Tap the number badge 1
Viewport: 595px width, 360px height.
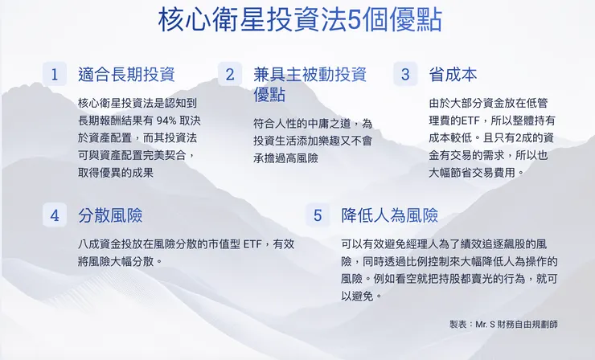click(54, 75)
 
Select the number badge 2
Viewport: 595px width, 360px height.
click(229, 75)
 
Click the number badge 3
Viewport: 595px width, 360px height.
click(404, 75)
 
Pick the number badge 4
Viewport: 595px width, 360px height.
click(54, 215)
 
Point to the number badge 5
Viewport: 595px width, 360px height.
click(317, 215)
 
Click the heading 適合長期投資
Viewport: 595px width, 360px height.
click(126, 75)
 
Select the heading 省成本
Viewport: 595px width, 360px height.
click(453, 75)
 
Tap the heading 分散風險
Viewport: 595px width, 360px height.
click(110, 215)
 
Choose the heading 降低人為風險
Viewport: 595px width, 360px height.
click(389, 215)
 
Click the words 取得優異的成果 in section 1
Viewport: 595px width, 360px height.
click(116, 172)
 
